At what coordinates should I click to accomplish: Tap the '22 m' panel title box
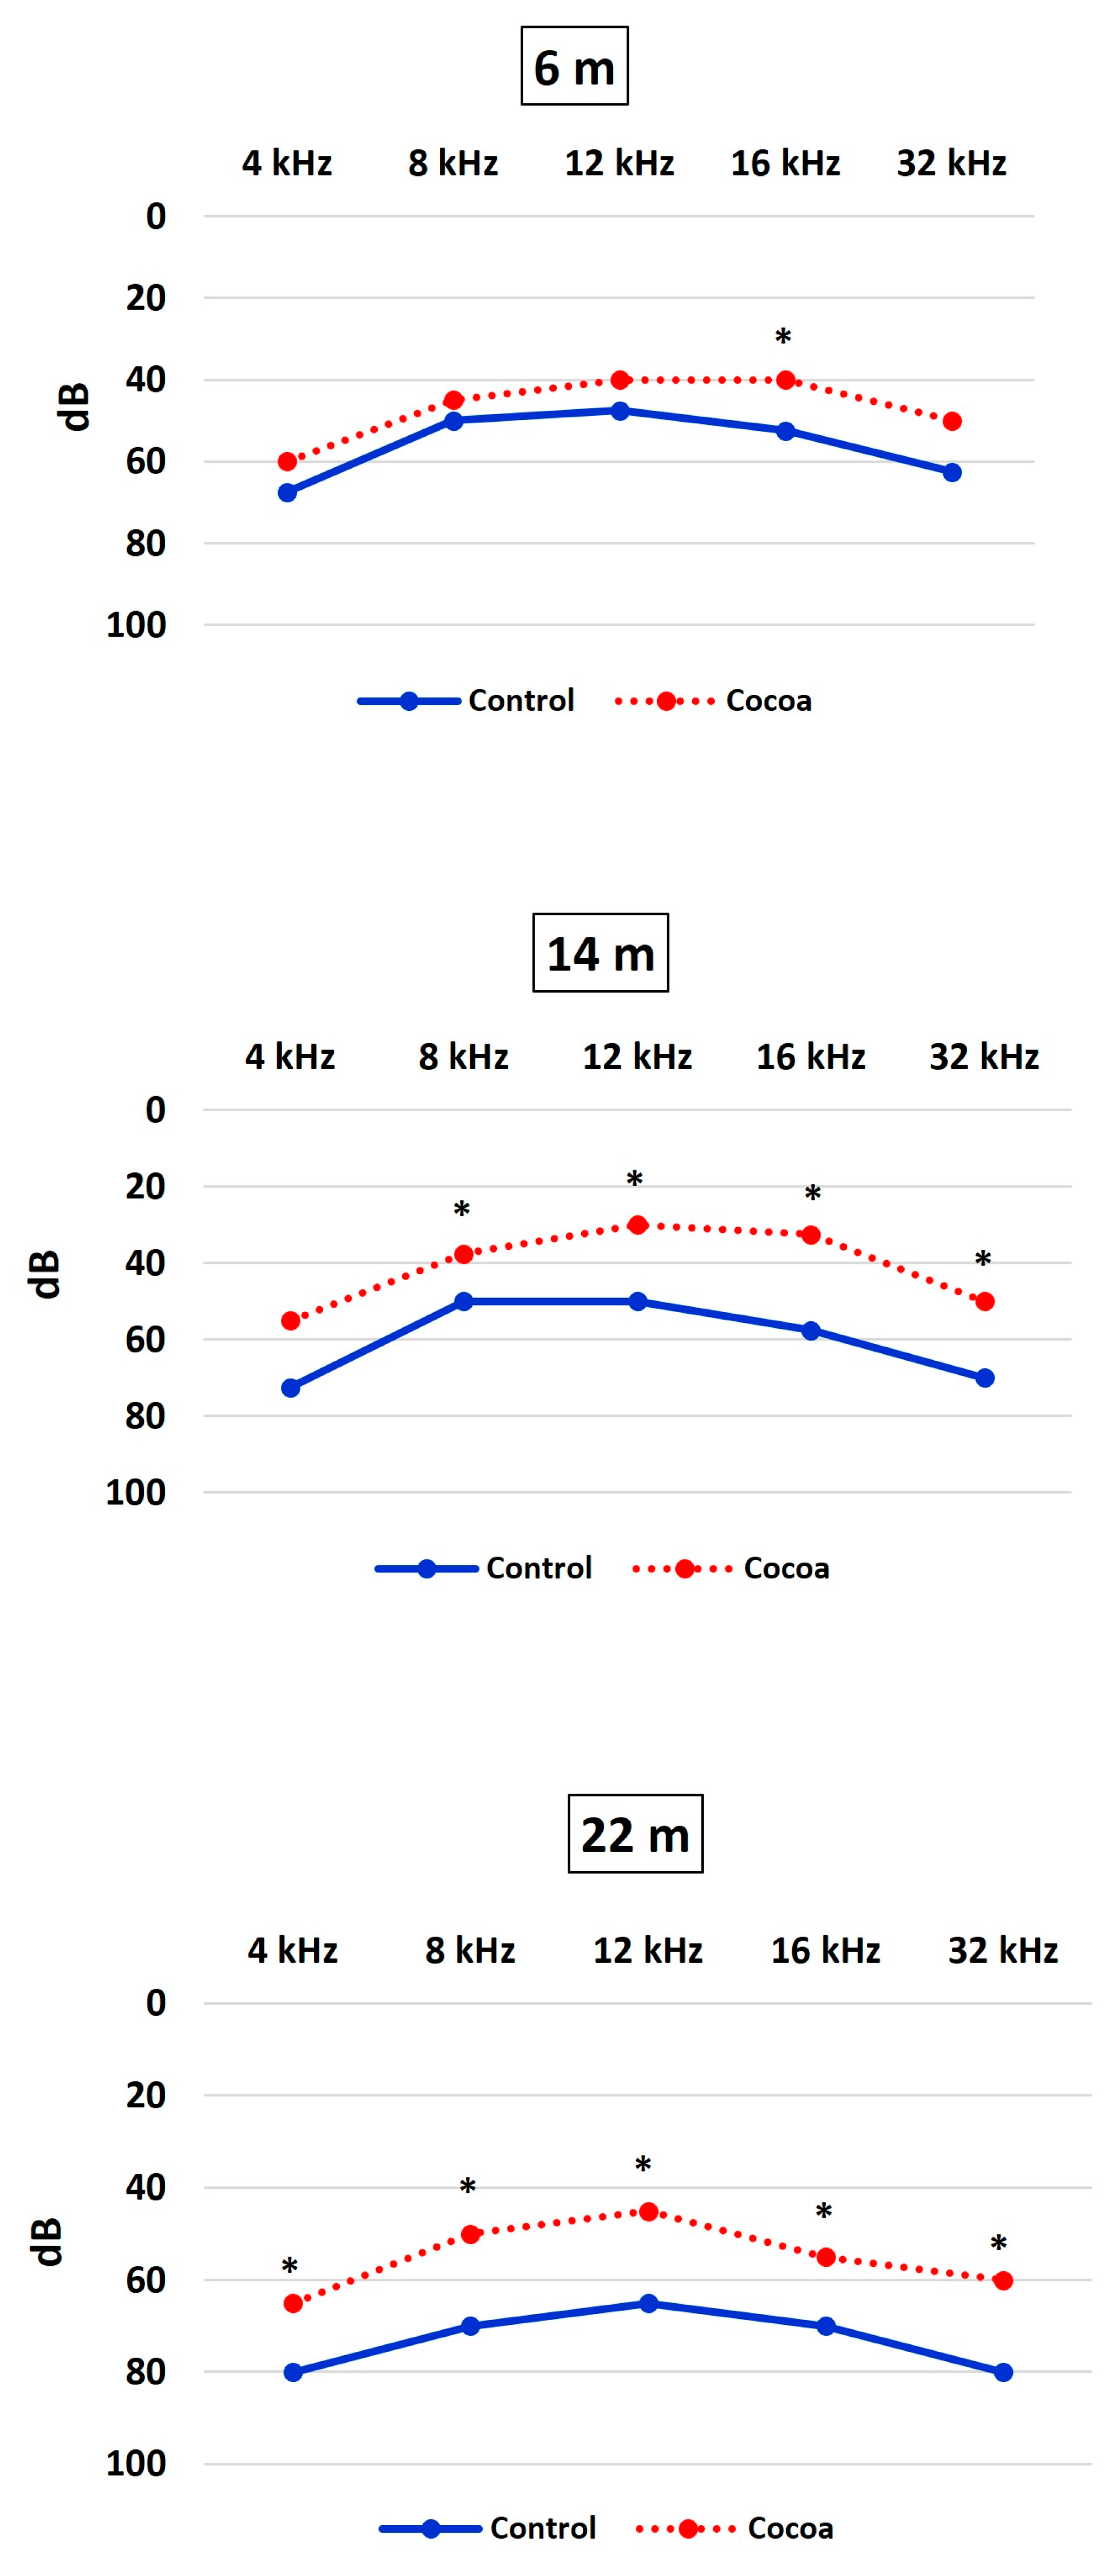coord(635,1834)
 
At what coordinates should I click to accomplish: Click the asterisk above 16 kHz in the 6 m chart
coord(783,338)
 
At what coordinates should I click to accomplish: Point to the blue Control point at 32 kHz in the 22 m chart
coord(1003,2372)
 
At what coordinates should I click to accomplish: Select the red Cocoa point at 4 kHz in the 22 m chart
coord(292,2303)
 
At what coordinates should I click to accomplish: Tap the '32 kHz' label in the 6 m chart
coord(951,163)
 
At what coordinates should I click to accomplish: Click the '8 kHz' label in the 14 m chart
coord(463,1057)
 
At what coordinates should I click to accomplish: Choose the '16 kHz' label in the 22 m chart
coord(825,1950)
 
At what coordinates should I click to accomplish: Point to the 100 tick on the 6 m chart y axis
coord(136,625)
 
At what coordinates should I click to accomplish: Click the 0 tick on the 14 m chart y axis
coord(155,1110)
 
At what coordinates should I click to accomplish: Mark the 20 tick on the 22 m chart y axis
coord(145,2094)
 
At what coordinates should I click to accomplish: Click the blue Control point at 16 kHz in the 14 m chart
coord(811,1330)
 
